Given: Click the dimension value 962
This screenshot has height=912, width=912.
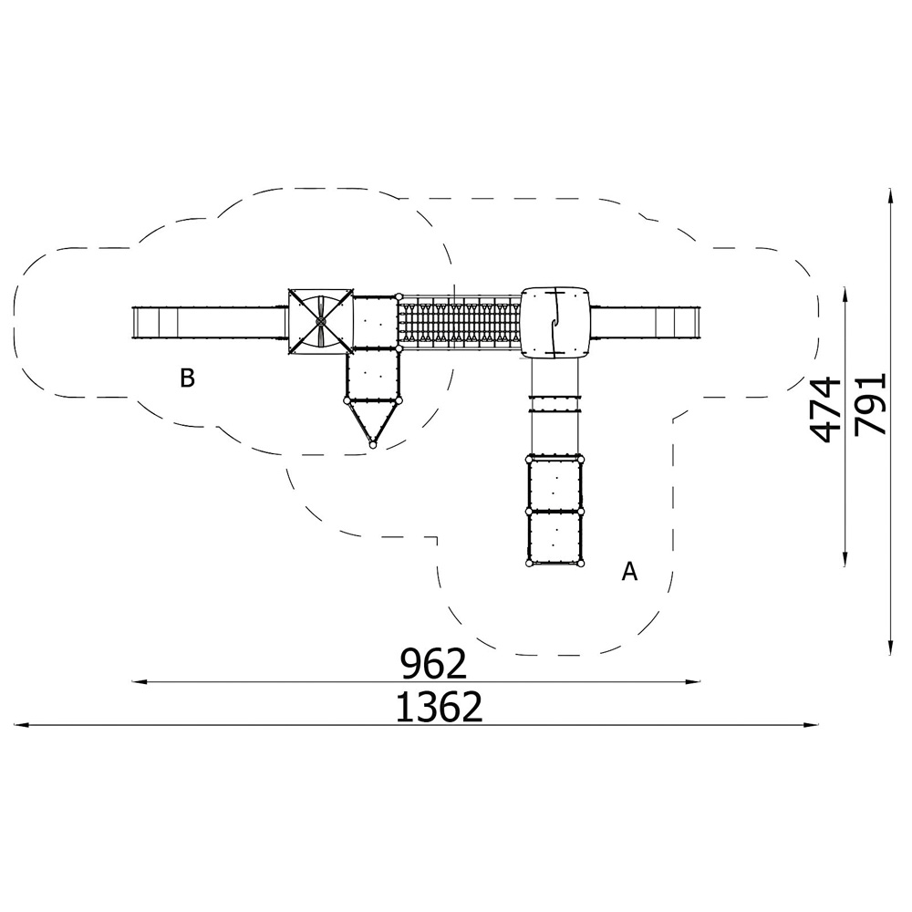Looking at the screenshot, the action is (434, 664).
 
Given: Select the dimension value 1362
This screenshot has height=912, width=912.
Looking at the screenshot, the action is (440, 708).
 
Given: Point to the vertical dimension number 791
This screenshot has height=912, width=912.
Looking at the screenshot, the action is (870, 404).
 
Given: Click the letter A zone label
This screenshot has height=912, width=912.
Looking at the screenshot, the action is (629, 572).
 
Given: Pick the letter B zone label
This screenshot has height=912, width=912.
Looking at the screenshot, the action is (187, 378).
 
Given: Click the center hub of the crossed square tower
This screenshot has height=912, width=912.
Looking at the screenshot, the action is (320, 320).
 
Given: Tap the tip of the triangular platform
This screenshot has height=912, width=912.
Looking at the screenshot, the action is (372, 445).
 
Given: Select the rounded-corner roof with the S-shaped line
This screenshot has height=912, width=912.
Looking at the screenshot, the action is (555, 322).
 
